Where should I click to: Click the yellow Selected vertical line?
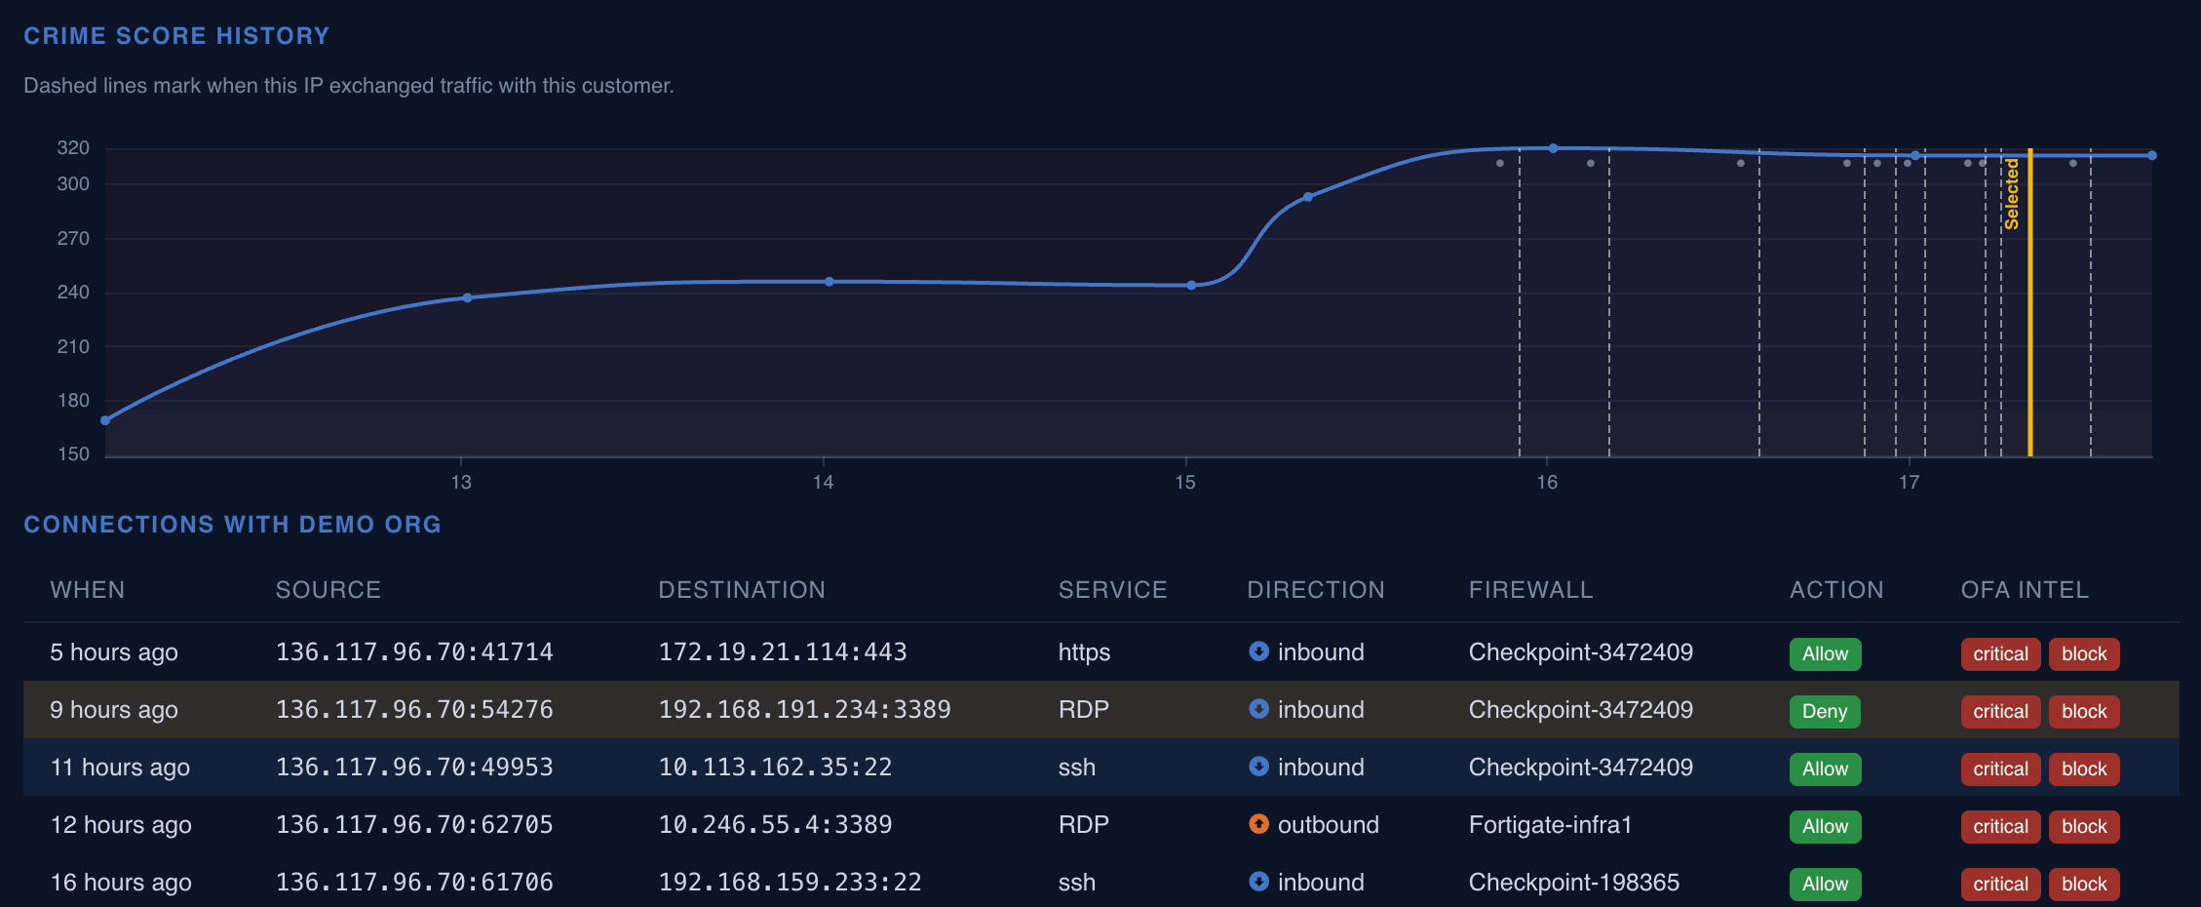[x=2029, y=302]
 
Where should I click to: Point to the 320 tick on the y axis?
[x=73, y=148]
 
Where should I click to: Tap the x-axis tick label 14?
[x=823, y=482]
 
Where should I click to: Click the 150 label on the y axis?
[x=73, y=454]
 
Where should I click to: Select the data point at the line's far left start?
[x=105, y=420]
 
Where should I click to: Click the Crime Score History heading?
[x=176, y=36]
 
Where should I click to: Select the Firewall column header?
[x=1530, y=590]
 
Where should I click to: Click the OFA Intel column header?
[x=2025, y=590]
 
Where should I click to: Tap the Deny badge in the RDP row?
[x=1825, y=711]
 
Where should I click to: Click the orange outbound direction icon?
[x=1258, y=824]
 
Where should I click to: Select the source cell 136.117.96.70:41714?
[x=414, y=652]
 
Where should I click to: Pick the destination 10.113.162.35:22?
[x=775, y=768]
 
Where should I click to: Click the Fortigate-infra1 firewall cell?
[x=1550, y=825]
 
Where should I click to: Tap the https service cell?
[x=1084, y=652]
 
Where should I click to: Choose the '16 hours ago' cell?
[x=121, y=883]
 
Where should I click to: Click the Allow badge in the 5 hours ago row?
[x=1825, y=653]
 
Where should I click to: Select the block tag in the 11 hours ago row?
[x=2084, y=769]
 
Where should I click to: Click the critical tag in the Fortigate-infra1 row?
[x=2000, y=826]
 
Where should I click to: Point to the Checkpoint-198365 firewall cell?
[x=1573, y=883]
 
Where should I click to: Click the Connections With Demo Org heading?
[x=232, y=525]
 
